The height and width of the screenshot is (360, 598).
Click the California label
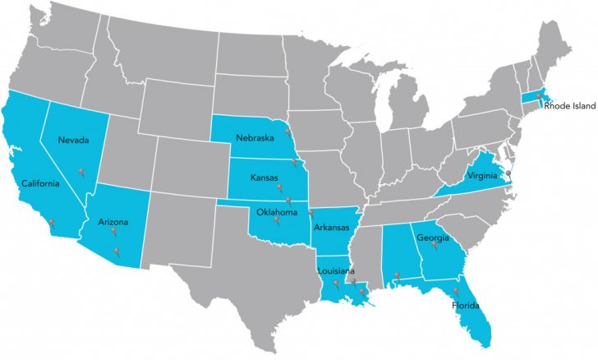tap(40, 183)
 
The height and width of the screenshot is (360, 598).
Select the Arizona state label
tap(113, 221)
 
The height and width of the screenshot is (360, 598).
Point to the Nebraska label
tap(254, 137)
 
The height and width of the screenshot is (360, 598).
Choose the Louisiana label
tap(338, 271)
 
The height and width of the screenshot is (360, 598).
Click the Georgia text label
tap(432, 239)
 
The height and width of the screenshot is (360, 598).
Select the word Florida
tap(465, 306)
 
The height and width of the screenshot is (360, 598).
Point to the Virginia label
tap(483, 174)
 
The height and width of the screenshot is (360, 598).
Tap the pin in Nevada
tap(82, 172)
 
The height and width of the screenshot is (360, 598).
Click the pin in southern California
tap(52, 223)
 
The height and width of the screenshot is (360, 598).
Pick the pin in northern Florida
tap(457, 290)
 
